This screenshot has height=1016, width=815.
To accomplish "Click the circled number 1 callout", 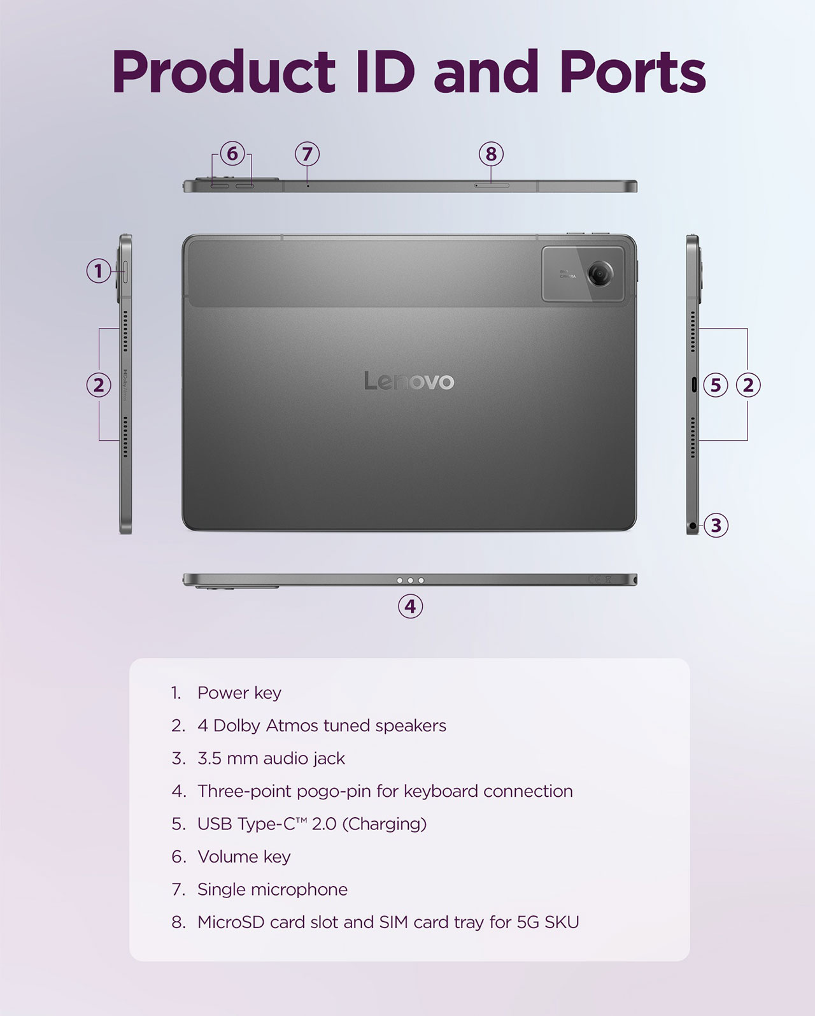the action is (x=98, y=271).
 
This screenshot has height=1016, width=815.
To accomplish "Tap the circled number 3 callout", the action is (x=716, y=526).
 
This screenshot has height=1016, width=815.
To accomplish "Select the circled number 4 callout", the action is (x=410, y=606).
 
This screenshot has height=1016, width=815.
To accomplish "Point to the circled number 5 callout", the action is (x=716, y=385).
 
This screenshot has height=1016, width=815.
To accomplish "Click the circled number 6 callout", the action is (x=232, y=154).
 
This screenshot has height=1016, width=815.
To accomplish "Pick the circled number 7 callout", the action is (x=308, y=154).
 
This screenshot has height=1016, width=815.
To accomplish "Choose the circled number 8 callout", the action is (x=492, y=154).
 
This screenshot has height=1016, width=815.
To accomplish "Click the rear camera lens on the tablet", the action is (x=600, y=273).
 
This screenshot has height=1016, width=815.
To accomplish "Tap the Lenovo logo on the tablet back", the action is (x=409, y=381).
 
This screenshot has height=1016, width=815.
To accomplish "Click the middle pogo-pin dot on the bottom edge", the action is (x=411, y=580).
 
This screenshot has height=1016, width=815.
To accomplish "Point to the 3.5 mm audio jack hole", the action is (x=693, y=526).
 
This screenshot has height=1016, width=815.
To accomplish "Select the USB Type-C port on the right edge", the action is (x=694, y=385).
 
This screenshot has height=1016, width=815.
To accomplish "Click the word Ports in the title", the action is (x=632, y=72).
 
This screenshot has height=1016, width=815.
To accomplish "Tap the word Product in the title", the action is (x=223, y=72).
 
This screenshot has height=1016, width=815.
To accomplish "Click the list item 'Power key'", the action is (x=239, y=693).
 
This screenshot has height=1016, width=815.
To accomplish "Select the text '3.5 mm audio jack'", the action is (x=271, y=759).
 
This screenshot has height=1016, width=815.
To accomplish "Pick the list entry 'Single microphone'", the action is (x=273, y=890).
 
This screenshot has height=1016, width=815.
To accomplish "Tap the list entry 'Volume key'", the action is (x=244, y=857).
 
